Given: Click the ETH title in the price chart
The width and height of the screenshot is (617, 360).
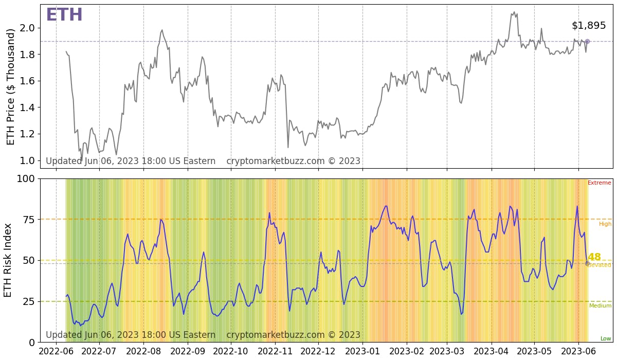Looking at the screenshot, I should pos(64,15).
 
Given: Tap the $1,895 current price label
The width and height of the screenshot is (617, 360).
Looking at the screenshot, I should pos(589,26).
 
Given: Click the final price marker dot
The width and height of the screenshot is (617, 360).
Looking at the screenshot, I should pos(587,42).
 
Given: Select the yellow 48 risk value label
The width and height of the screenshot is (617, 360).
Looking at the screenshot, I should pos(594,257).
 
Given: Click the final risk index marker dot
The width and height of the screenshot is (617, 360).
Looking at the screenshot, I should pos(587,263).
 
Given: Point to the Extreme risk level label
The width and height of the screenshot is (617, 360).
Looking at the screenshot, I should pos(600,183).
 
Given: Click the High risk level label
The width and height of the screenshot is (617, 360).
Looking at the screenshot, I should pos(605,224).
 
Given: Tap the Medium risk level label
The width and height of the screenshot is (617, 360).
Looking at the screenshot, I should pos(600,306).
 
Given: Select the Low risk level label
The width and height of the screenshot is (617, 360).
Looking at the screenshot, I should pos(606,338).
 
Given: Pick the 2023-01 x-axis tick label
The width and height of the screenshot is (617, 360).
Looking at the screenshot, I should pos(362,351).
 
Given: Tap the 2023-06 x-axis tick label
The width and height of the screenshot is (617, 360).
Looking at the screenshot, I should pos(578,351).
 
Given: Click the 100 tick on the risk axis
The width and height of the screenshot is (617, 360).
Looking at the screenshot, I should pos(26,179).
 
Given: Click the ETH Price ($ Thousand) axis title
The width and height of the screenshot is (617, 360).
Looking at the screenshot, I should pos(11,86).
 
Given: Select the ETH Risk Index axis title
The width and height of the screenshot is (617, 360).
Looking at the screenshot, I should pos(8,260).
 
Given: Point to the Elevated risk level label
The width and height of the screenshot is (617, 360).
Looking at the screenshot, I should pos(600,265).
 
